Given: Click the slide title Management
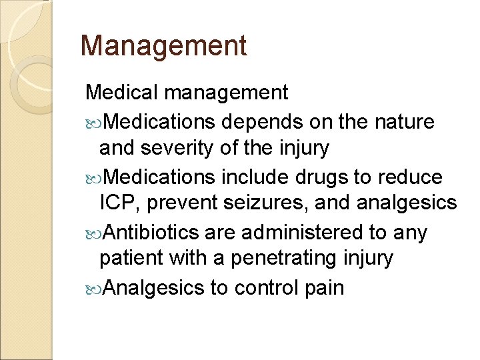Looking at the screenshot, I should (163, 45).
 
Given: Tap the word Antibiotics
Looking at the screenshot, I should (152, 233).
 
